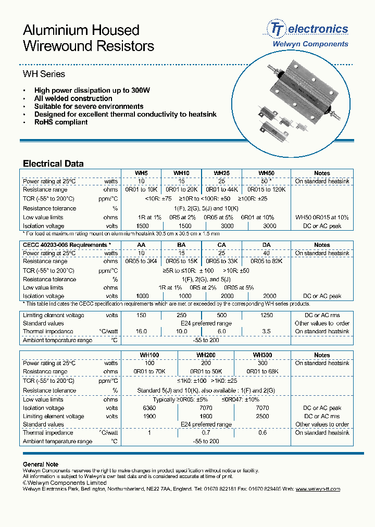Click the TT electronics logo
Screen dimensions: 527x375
pos(307,29)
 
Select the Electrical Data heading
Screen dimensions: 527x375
pos(53,164)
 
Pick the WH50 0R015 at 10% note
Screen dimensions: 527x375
pos(322,217)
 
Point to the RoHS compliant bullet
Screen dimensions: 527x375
pos(61,122)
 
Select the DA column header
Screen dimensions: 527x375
pos(267,245)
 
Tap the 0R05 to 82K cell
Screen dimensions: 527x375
pos(267,261)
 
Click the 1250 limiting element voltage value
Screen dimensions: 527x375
pos(267,315)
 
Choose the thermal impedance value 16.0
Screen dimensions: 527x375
pos(141,332)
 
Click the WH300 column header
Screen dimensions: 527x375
pos(262,355)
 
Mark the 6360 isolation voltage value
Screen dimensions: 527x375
pos(149,408)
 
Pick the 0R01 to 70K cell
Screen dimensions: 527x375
pos(149,372)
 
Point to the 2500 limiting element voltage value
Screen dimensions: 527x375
pos(262,417)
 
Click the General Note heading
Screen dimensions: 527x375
pos(41,465)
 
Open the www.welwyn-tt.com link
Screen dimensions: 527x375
pos(317,489)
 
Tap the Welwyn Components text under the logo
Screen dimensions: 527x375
pos(310,44)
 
